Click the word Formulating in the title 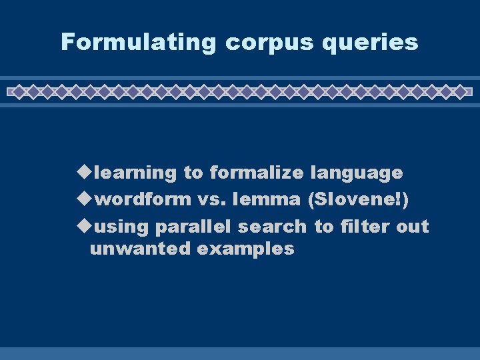coord(139,43)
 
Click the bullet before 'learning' coord(84,173)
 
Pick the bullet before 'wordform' coord(84,199)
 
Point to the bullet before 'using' coord(84,227)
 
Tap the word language coord(357,173)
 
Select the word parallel coord(194,227)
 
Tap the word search coord(273,227)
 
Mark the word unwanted coord(141,249)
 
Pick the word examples coord(246,249)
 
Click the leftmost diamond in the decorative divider coord(20,91)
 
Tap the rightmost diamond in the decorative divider coord(459,91)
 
